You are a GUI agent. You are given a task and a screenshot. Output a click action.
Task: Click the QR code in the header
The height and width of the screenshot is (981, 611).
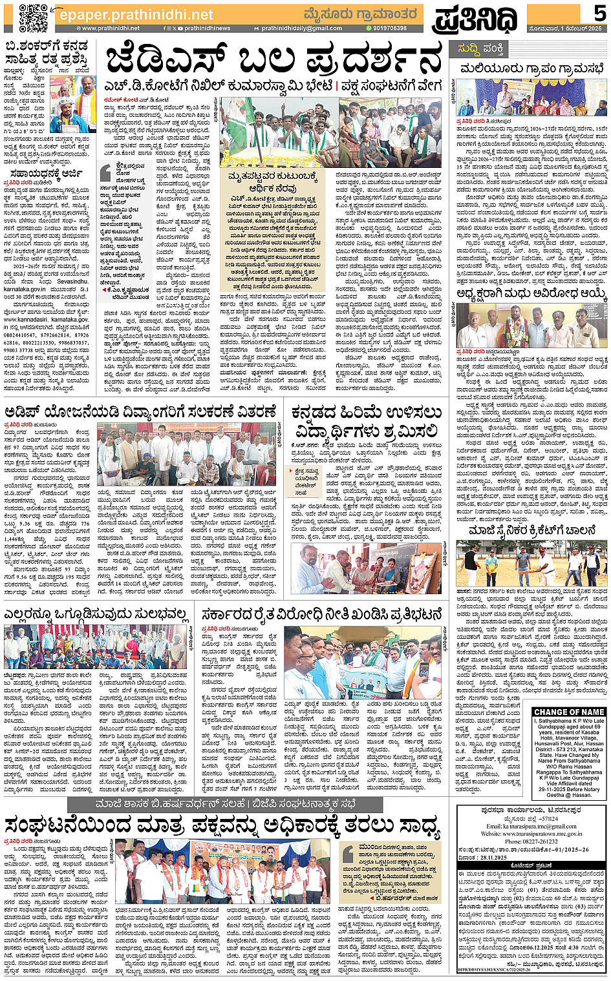[33, 17]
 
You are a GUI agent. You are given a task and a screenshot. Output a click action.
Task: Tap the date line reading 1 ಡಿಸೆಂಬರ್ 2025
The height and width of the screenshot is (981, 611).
[568, 28]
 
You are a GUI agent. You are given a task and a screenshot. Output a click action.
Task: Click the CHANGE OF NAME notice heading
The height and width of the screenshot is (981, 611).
[569, 712]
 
